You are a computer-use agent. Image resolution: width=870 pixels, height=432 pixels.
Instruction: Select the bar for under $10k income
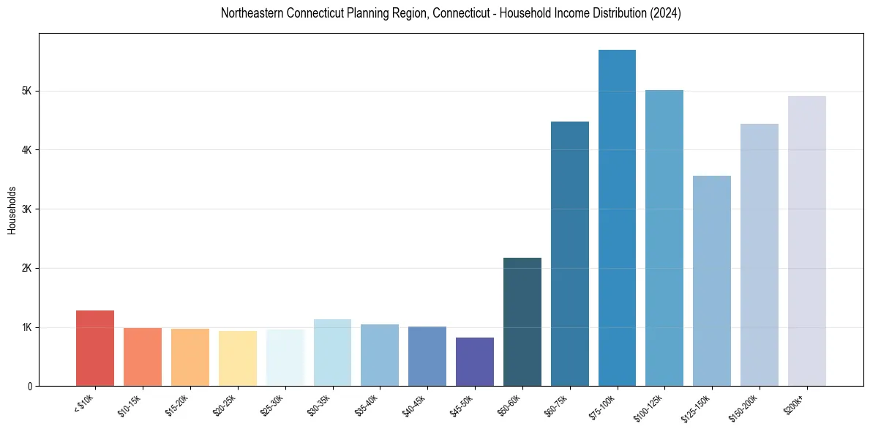pyautogui.click(x=95, y=349)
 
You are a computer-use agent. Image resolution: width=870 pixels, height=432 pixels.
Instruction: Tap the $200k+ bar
pyautogui.click(x=806, y=241)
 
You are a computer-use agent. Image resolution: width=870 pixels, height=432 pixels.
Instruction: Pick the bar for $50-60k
pyautogui.click(x=522, y=322)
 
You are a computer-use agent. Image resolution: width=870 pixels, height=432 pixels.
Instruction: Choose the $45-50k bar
pyautogui.click(x=475, y=362)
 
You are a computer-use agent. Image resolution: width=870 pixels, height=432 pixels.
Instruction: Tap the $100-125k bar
pyautogui.click(x=664, y=238)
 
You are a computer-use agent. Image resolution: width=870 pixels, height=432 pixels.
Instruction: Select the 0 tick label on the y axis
pyautogui.click(x=29, y=387)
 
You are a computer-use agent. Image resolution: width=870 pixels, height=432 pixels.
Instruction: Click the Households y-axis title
pyautogui.click(x=12, y=210)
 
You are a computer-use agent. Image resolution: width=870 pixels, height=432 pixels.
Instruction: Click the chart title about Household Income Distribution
pyautogui.click(x=451, y=13)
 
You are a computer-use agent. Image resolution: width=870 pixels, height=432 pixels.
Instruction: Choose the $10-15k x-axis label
pyautogui.click(x=130, y=404)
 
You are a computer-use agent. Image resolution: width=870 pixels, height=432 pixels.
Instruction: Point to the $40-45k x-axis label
pyautogui.click(x=415, y=404)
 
